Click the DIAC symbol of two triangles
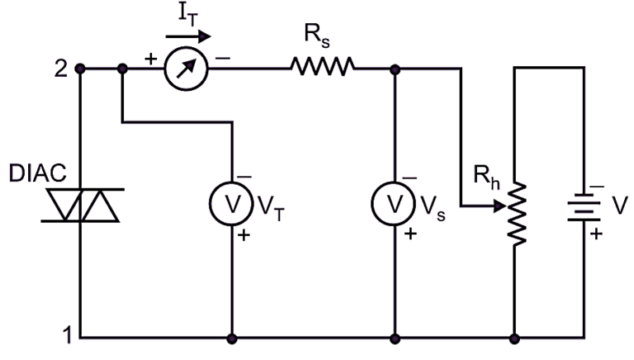coord(81,205)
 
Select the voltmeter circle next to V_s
coord(394,203)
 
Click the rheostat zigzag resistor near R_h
coord(516,213)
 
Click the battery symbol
coord(585,205)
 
